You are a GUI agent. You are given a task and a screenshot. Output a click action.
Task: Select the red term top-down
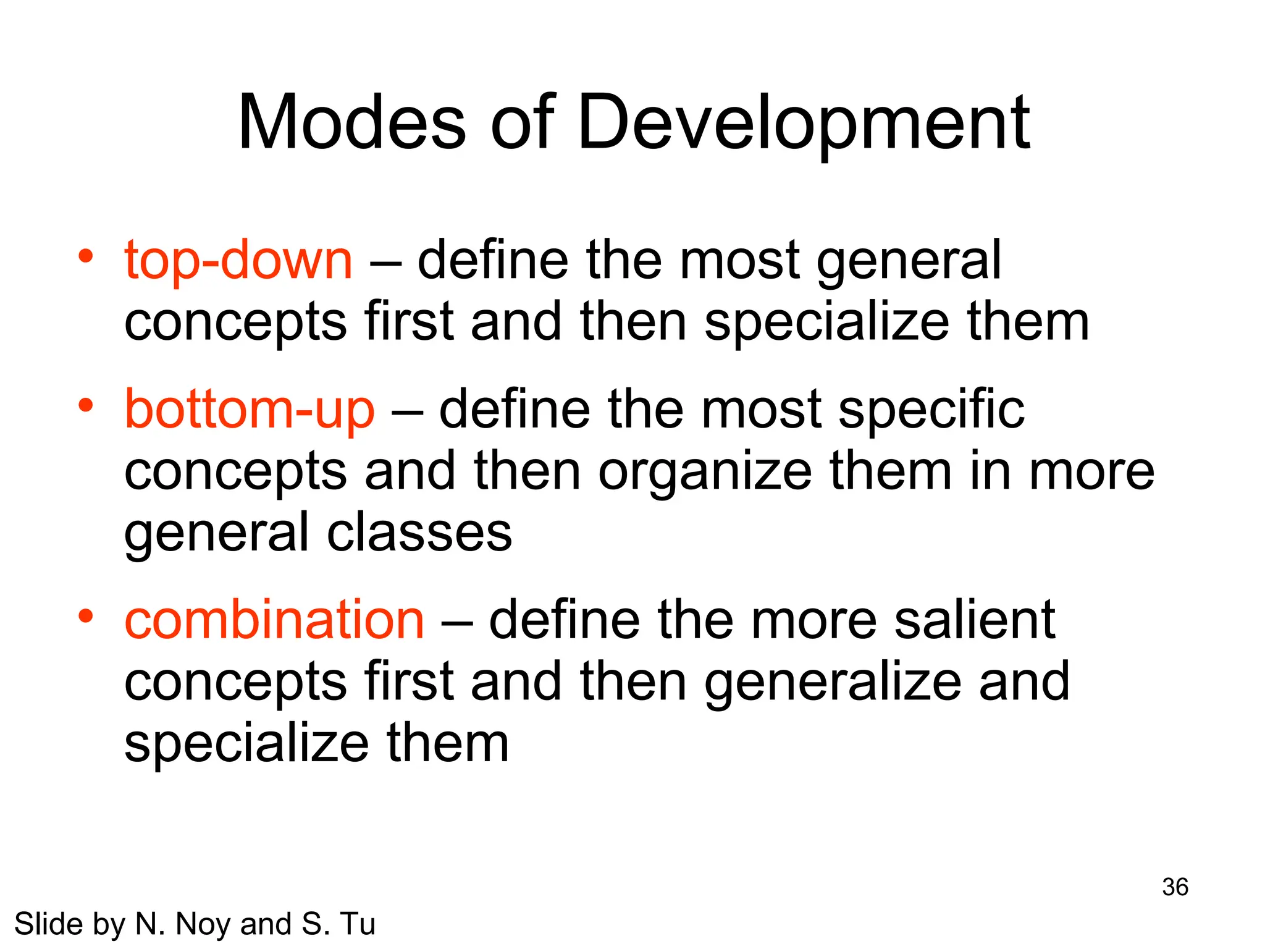coord(238,260)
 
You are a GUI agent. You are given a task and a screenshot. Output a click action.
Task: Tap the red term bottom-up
coord(250,410)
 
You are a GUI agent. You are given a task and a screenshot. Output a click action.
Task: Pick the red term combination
coord(274,620)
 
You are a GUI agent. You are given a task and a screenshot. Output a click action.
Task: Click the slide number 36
coord(1175,887)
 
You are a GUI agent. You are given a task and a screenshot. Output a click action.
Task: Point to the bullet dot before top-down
coord(86,255)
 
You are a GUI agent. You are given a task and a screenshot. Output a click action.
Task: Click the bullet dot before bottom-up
coord(86,405)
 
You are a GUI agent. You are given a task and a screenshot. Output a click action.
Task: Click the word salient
coord(975,620)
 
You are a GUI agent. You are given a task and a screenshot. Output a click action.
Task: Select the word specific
coord(931,410)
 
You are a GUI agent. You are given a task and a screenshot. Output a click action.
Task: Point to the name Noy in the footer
coord(201,924)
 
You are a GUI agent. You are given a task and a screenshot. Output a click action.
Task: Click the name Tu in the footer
coord(358,924)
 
